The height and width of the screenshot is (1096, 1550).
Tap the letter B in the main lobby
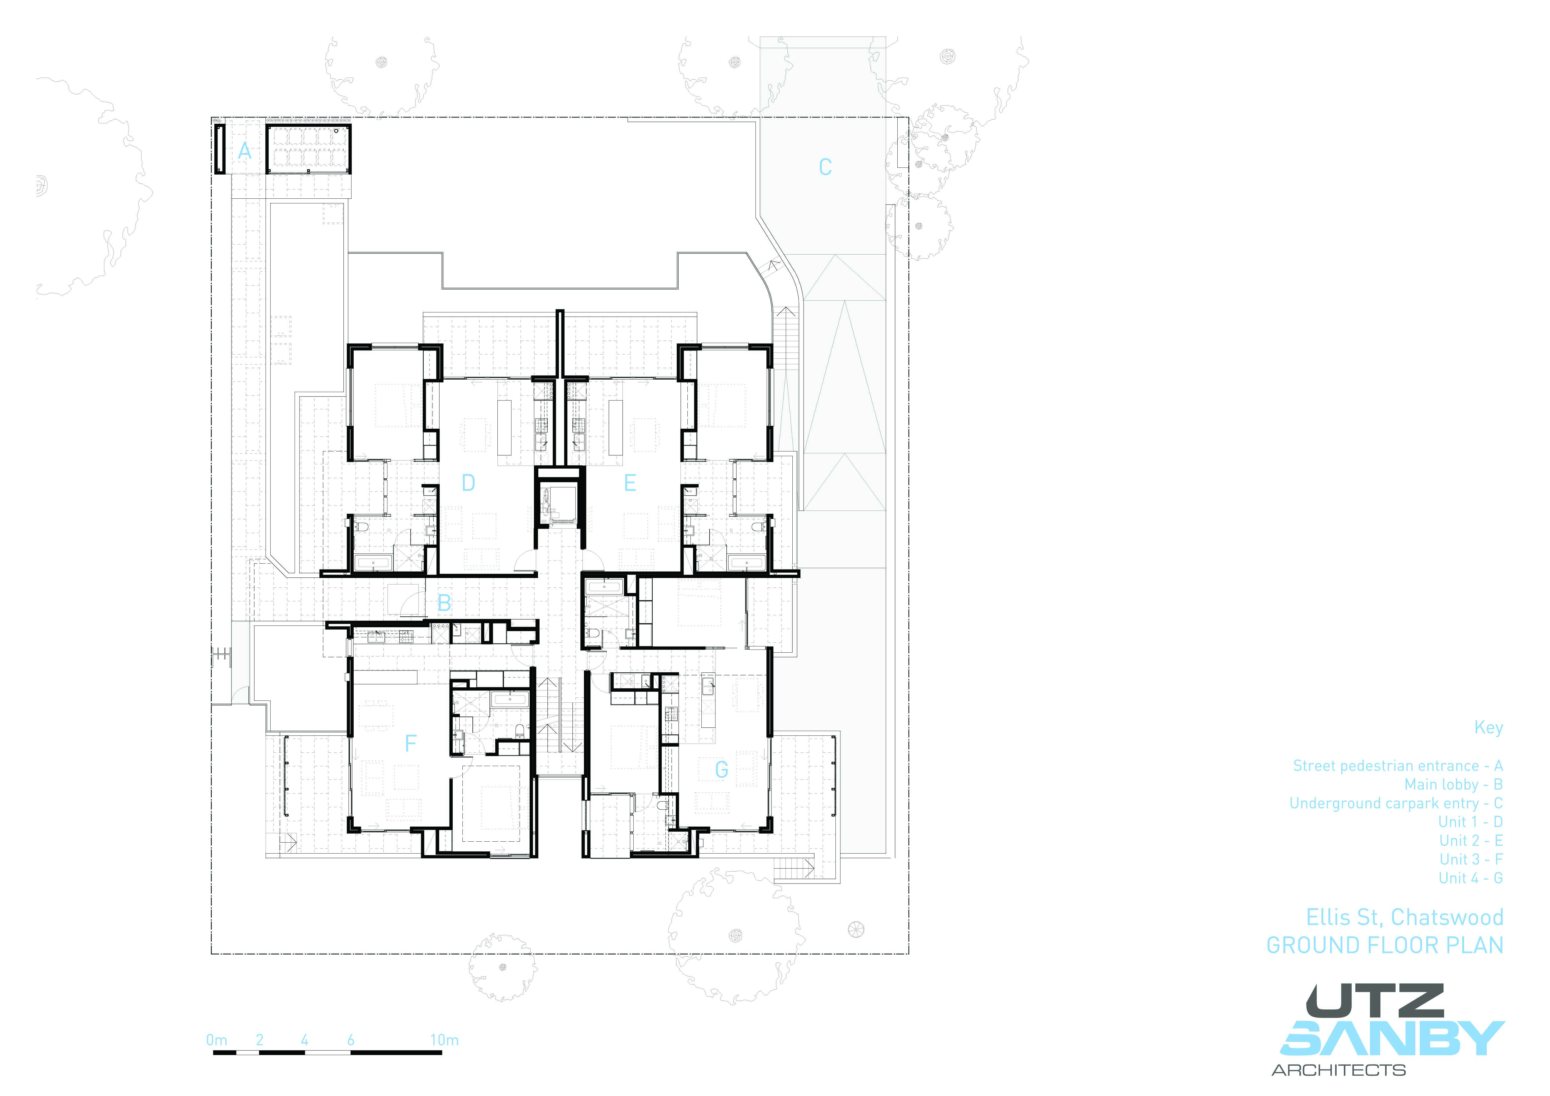444,603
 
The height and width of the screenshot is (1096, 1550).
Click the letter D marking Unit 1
468,483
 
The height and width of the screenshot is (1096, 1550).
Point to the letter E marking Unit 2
630,483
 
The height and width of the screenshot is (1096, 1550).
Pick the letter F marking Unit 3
410,744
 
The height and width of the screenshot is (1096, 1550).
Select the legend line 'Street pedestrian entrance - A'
1398,766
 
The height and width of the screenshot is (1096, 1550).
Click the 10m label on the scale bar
444,1040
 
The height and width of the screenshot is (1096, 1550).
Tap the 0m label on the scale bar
217,1040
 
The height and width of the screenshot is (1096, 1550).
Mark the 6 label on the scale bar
350,1040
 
